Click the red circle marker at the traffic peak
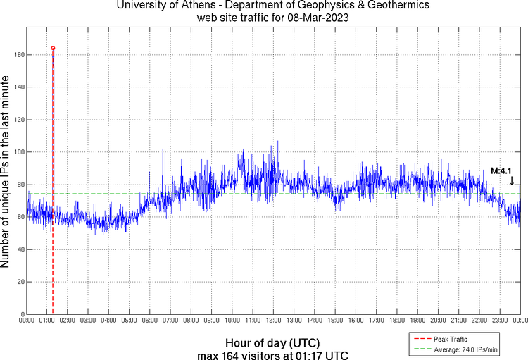(x=53, y=49)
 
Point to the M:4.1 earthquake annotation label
(x=501, y=171)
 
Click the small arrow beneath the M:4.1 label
(x=512, y=181)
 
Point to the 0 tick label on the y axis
(x=21, y=314)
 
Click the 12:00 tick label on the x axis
(x=273, y=321)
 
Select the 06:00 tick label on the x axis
(x=150, y=321)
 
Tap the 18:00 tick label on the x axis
(x=397, y=321)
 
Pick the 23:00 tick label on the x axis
(x=500, y=321)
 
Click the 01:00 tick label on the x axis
(x=47, y=321)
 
